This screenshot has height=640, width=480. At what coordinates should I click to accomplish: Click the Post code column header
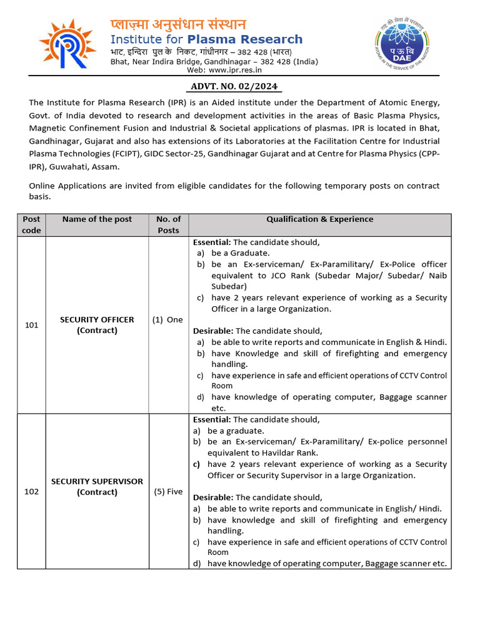point(31,224)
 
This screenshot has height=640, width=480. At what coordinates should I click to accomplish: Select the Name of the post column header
point(97,219)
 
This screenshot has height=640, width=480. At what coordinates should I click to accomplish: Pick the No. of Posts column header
point(168,224)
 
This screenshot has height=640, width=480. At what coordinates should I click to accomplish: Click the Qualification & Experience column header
point(319,219)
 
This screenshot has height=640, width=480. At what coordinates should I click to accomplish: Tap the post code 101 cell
point(31,325)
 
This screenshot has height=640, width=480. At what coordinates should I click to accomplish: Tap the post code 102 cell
point(31,492)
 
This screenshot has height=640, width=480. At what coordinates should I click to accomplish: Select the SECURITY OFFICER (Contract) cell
point(97,325)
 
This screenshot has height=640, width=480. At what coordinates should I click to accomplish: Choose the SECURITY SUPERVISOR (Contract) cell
point(97,487)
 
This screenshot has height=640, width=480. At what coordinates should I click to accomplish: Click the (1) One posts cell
point(167,320)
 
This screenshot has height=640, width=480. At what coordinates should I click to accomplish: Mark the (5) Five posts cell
point(168,492)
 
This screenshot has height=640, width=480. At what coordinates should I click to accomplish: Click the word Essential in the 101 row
point(211,242)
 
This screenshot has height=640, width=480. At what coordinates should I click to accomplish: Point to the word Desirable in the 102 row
point(212,497)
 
